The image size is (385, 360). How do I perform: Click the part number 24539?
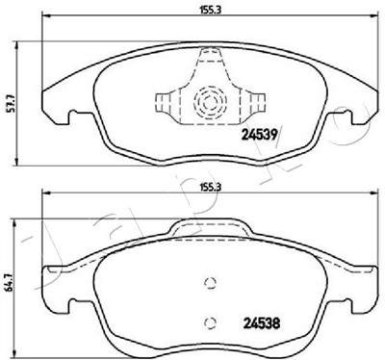pos(259,136)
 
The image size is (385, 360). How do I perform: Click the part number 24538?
pos(262,323)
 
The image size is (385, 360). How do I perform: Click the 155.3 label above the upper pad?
pos(210,11)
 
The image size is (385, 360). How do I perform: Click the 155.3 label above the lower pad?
pos(210,187)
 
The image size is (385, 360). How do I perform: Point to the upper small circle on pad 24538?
pos(210,282)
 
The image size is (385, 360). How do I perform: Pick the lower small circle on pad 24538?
pos(210,321)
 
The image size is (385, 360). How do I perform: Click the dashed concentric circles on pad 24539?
pos(210,102)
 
